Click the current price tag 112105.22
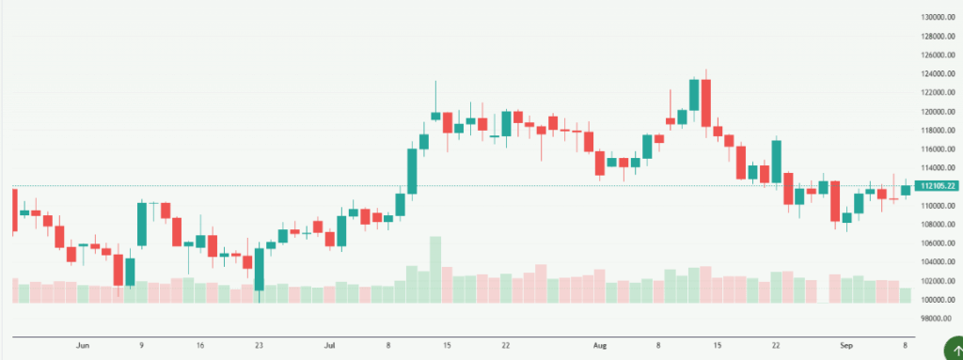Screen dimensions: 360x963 pos(938,186)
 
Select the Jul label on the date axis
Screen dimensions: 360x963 pos(329,345)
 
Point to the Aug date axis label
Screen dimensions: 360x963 pos(599,345)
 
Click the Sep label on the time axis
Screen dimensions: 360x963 pos(846,345)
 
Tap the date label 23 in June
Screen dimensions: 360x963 pos(259,345)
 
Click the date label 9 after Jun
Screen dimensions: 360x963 pos(142,345)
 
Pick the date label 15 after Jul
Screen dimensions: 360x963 pos(447,345)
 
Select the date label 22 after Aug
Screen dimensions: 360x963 pos(776,345)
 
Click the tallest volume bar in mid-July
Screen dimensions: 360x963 pos(435,270)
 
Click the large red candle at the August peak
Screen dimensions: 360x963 pos(705,104)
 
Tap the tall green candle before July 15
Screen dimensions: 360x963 pos(412,170)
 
